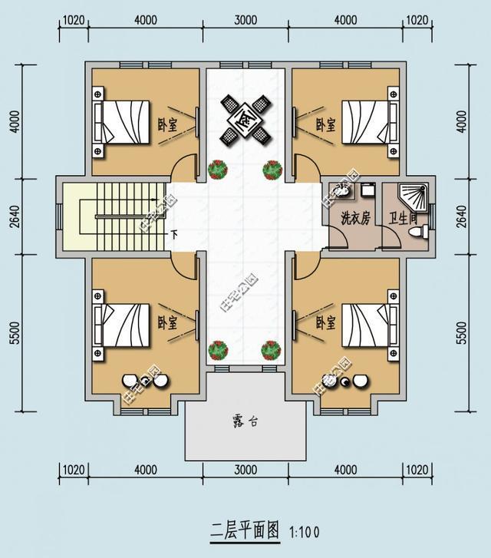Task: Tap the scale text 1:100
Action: [305, 531]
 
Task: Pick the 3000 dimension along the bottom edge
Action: [245, 470]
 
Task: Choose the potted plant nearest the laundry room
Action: [272, 169]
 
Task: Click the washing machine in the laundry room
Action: [365, 192]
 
